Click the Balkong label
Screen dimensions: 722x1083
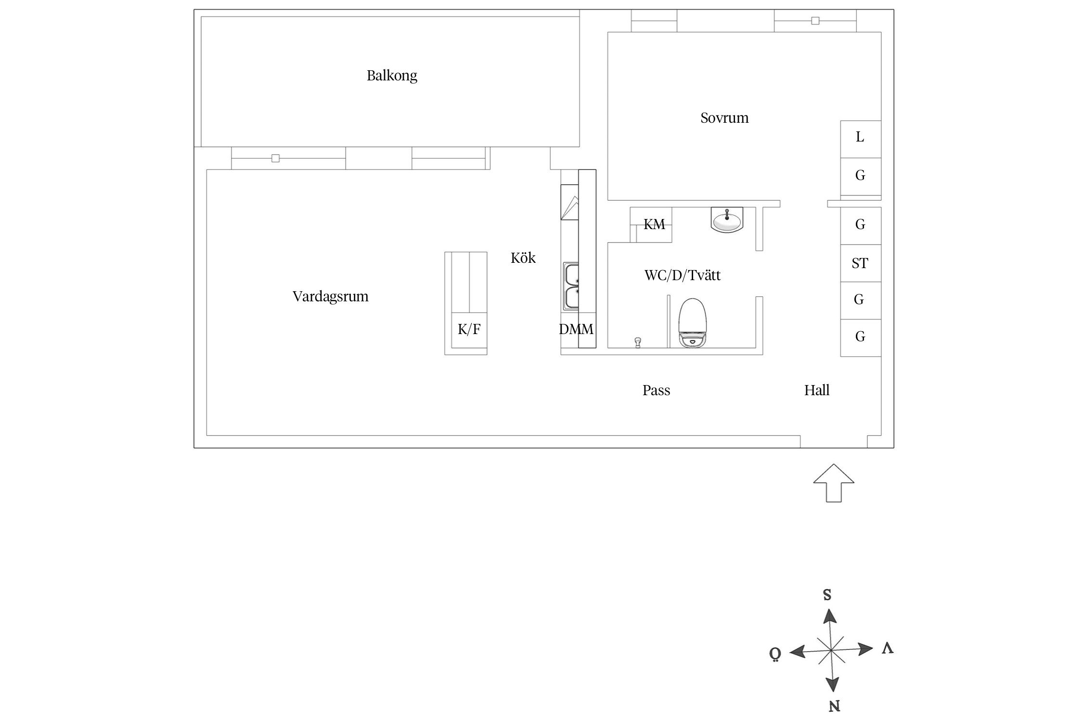point(392,76)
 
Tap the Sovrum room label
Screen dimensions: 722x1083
point(724,118)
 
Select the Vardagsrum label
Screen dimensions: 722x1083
point(330,296)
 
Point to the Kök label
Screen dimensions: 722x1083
point(523,258)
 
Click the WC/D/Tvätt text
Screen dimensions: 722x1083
point(682,275)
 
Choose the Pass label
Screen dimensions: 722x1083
point(656,390)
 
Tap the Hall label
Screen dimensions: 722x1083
point(816,390)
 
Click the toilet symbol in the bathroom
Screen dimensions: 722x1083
point(693,323)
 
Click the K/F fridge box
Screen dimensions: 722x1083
point(469,330)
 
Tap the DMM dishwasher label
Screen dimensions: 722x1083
point(576,330)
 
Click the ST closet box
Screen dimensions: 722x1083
point(860,263)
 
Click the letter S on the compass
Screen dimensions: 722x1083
point(827,595)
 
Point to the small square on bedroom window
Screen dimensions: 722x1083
point(815,21)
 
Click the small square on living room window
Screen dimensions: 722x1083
point(275,158)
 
